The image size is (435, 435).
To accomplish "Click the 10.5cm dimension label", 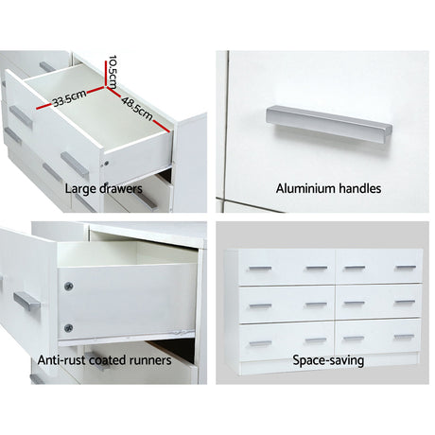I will click(112, 67).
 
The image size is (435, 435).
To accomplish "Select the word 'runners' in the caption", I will click(148, 360).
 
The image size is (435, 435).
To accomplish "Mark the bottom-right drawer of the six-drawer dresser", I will click(379, 338).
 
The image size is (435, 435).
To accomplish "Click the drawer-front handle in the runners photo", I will click(27, 303).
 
